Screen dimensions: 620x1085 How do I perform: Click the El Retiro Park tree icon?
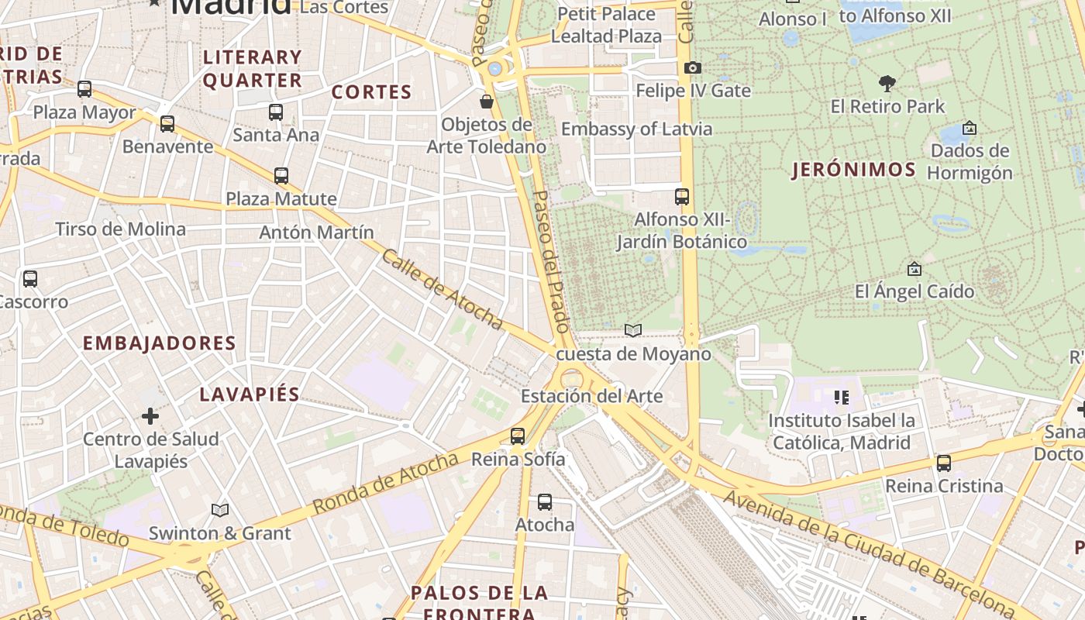tap(887, 83)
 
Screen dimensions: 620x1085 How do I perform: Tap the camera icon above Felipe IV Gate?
tap(693, 68)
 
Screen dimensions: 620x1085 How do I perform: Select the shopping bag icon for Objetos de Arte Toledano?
tap(487, 102)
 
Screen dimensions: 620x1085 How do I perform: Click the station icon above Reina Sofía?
tap(518, 436)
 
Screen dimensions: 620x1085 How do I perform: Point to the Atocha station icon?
tap(545, 502)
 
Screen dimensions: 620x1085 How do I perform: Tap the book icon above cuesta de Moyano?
tap(633, 331)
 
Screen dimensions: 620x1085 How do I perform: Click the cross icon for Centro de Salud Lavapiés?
tap(150, 416)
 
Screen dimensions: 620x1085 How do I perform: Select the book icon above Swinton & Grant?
tap(220, 510)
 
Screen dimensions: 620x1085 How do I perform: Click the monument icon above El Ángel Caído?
tap(914, 269)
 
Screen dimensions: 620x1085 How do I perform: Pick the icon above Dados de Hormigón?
tap(969, 128)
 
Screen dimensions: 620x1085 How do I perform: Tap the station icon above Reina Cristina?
tap(943, 463)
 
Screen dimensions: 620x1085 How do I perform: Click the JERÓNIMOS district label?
tap(854, 170)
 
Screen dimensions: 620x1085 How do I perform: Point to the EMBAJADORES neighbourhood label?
tap(159, 343)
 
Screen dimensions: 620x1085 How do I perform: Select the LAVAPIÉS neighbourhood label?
tap(250, 394)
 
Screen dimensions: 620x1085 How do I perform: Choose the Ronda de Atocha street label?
tap(386, 484)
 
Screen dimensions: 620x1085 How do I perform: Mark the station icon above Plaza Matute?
tap(281, 176)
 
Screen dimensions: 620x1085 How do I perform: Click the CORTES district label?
tap(371, 92)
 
